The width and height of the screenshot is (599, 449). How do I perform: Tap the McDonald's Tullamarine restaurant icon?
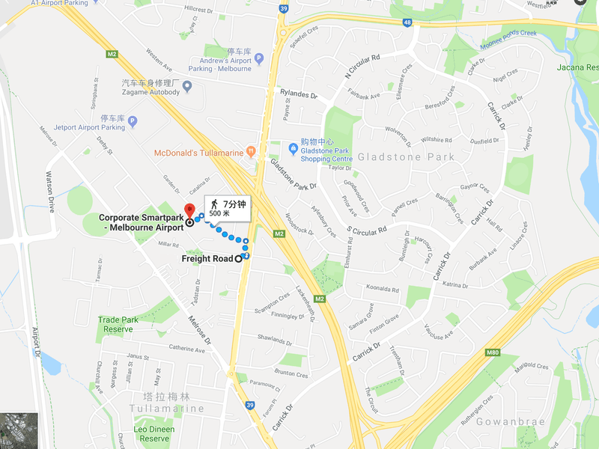coord(251,152)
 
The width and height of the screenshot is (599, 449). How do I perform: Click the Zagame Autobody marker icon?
coord(187,87)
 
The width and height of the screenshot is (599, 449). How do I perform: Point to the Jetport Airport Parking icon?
coord(133,120)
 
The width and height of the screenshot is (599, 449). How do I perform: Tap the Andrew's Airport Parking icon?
coord(259,58)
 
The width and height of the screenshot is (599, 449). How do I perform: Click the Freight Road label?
coord(207,259)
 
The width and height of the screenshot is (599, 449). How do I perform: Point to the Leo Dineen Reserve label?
coord(154,434)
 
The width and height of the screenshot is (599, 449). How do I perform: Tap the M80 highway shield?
coord(492,351)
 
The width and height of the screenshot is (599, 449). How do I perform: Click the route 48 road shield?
coord(407,23)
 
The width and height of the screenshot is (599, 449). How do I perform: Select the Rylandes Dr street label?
coord(299,95)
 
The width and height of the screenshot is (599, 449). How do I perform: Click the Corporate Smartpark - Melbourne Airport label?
coord(141,222)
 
